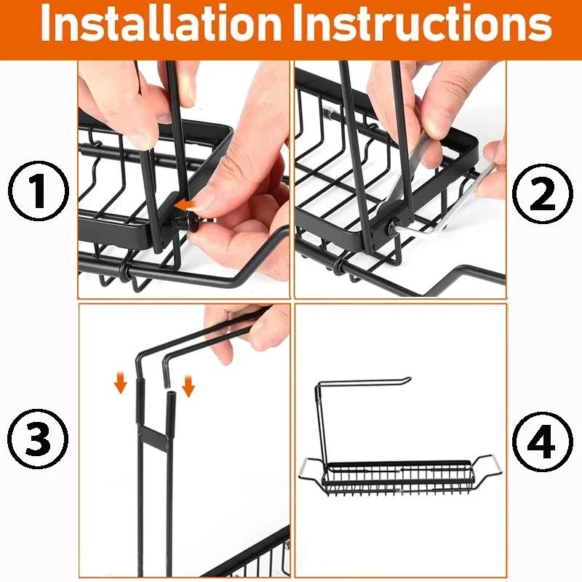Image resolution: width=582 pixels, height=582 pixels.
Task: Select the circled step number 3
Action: click(x=37, y=439)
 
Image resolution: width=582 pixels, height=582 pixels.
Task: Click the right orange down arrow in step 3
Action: click(x=188, y=385)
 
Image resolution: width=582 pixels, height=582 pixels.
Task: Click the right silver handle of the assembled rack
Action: click(x=493, y=463)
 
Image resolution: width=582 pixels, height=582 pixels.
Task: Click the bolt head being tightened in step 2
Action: click(x=393, y=227)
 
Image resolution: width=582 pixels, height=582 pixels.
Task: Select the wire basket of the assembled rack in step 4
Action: click(x=400, y=477)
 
